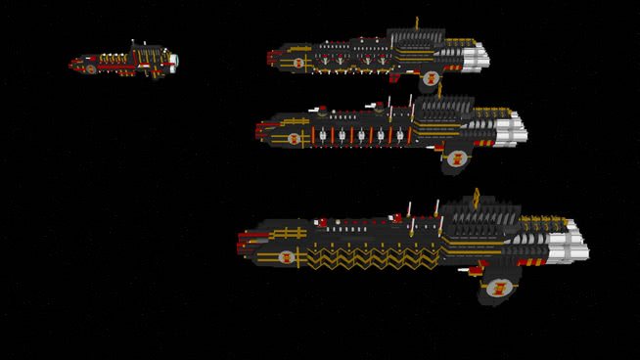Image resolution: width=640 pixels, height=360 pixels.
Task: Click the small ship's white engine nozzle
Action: click(x=173, y=61)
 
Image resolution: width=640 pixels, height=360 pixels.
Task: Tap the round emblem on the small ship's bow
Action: click(x=91, y=68)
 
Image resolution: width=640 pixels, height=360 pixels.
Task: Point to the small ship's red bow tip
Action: click(x=72, y=66)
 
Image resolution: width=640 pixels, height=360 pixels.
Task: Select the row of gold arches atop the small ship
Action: click(x=113, y=59)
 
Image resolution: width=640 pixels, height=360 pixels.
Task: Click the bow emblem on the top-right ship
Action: click(x=298, y=63)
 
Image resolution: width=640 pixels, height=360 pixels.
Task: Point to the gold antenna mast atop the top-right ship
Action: click(x=417, y=22)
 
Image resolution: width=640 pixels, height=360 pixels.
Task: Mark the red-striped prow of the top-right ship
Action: click(x=272, y=58)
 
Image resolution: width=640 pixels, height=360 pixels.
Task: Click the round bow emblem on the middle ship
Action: click(x=294, y=139)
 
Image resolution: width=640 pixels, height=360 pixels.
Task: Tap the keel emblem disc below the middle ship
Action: click(x=456, y=157)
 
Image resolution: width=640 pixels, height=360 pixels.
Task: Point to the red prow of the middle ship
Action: click(x=260, y=128)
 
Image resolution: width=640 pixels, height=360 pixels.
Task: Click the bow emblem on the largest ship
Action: click(x=287, y=257)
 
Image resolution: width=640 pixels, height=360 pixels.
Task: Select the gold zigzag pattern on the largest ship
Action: click(x=372, y=258)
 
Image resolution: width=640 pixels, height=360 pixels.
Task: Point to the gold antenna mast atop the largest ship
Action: click(x=477, y=199)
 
